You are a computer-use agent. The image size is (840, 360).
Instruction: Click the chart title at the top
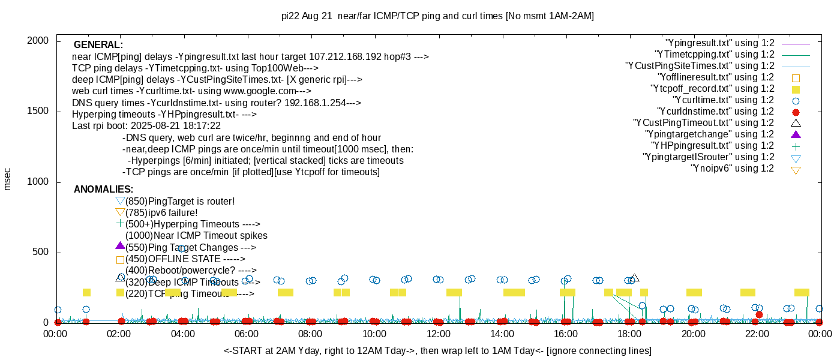coord(437,16)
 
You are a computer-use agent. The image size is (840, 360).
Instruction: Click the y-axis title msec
coord(8,179)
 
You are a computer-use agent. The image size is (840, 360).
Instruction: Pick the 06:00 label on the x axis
coord(247,334)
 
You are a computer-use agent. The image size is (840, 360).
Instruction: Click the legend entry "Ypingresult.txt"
coord(720,43)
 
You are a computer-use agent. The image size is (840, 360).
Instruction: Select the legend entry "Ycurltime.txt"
coord(723,100)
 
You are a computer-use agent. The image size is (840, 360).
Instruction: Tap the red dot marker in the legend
coord(796,112)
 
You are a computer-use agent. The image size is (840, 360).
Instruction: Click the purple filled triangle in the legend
coord(796,134)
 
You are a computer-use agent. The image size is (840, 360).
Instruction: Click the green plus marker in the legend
coord(796,146)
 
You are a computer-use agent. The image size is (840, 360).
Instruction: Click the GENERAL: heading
coord(98,45)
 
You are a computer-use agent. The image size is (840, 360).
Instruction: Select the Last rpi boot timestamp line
coord(146,126)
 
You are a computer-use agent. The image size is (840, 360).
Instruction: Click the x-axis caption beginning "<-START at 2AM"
coord(437,350)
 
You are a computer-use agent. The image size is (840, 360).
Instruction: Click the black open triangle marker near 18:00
coord(635,278)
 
